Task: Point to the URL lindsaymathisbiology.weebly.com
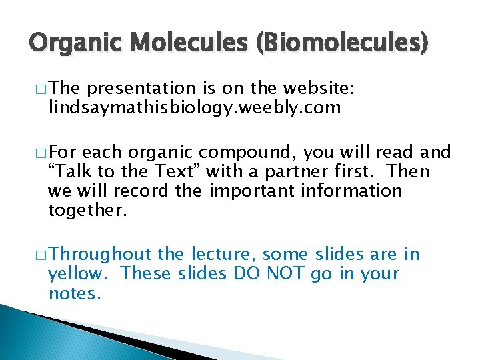point(194,107)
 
